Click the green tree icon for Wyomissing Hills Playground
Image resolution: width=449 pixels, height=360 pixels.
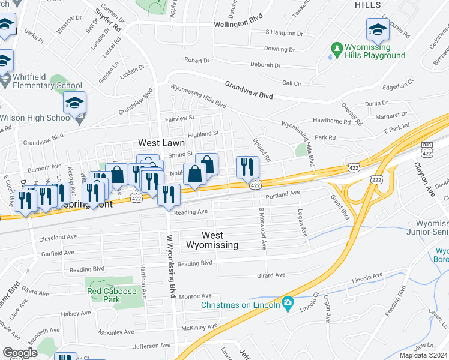click(x=336, y=47)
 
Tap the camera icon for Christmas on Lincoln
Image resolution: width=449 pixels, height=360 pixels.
click(x=288, y=304)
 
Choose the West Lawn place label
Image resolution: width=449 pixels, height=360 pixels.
click(x=161, y=143)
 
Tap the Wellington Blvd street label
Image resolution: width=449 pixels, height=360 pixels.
click(x=239, y=25)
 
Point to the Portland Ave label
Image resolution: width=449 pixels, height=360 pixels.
click(x=282, y=193)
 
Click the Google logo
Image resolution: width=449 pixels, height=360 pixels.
click(x=20, y=353)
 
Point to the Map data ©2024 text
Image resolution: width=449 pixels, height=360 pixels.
click(x=424, y=355)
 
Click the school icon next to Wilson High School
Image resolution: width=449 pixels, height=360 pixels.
click(x=76, y=103)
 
